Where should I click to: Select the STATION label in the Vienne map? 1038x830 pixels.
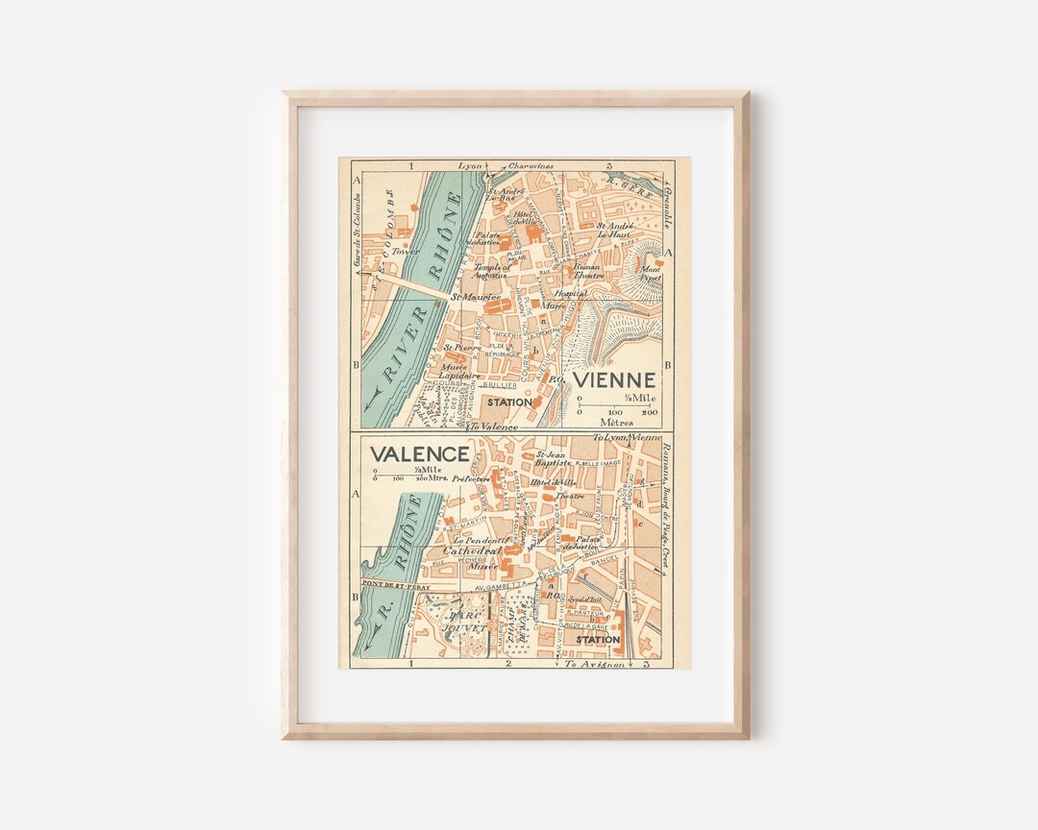click(508, 403)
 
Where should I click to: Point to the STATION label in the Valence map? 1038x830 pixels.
click(598, 639)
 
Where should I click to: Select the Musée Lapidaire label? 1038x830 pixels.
click(455, 372)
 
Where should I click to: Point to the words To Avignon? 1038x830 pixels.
click(589, 664)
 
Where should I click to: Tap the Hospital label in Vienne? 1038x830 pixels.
click(571, 293)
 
